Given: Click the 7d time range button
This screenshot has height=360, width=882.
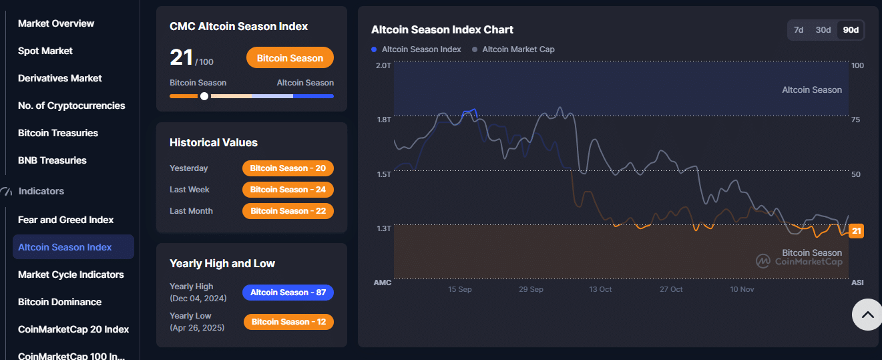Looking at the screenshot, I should click(799, 30).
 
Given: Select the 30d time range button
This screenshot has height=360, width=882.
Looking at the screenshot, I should click(823, 30).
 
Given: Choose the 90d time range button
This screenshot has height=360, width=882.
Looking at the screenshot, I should click(851, 30).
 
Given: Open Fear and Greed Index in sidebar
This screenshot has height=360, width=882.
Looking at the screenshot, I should click(65, 220).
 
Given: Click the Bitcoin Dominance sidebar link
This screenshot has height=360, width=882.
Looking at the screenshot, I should click(59, 302).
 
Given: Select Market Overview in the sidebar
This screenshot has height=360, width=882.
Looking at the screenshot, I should click(56, 23).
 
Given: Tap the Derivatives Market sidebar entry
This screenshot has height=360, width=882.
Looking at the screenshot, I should click(60, 78).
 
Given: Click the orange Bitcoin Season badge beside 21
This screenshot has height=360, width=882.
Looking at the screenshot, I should click(290, 58).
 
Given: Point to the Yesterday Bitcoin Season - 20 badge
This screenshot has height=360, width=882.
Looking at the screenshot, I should click(288, 168).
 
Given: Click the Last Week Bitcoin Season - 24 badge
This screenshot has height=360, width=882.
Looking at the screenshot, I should click(288, 190).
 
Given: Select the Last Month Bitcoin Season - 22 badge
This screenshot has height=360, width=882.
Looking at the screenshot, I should click(288, 211).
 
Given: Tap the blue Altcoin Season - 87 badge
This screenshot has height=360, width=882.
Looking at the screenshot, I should click(288, 293).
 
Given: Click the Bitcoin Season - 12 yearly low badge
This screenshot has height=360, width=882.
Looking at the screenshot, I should click(288, 322).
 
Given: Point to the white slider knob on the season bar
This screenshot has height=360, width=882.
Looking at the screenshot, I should click(204, 96).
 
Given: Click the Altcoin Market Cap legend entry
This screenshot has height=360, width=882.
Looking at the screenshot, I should click(517, 49).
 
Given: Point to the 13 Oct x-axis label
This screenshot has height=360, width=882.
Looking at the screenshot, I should click(600, 289).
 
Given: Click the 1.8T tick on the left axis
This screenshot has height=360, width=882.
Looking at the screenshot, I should click(383, 120).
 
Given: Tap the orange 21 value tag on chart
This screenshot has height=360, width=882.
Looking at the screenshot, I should click(857, 231).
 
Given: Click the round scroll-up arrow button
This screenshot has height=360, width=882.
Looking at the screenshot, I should click(867, 315).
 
